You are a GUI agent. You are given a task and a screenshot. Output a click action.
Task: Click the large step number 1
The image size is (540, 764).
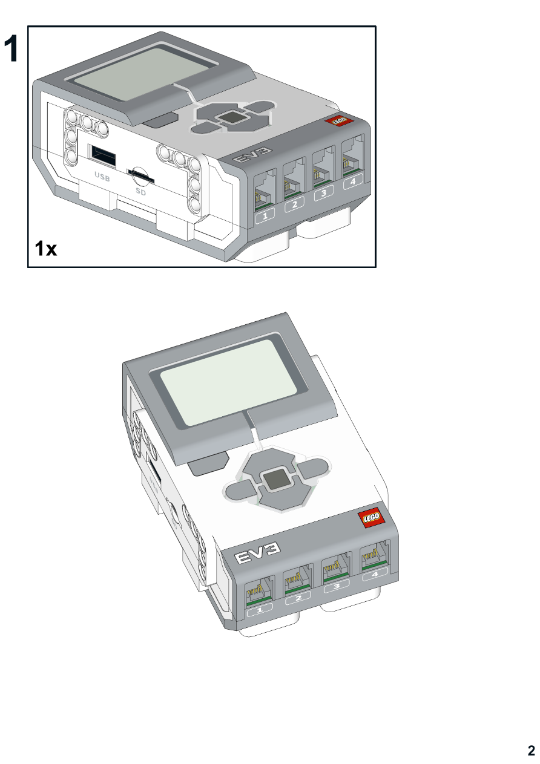tap(11, 48)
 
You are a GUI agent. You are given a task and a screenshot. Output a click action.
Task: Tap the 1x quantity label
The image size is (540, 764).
tap(46, 248)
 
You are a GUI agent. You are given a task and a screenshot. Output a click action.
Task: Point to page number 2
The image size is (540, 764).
tap(531, 750)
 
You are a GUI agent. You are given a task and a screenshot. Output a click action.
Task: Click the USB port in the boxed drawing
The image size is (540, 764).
tap(102, 155)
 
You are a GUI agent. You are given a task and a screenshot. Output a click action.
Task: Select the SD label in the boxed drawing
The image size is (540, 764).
tap(140, 192)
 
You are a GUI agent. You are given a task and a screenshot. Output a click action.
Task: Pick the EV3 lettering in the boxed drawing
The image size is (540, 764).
tap(252, 154)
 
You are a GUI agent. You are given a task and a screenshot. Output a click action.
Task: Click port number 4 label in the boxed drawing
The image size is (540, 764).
tap(353, 181)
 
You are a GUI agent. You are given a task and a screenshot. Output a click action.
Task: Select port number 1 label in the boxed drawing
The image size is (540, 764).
tap(265, 215)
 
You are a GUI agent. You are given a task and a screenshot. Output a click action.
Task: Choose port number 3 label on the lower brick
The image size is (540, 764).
tap(336, 586)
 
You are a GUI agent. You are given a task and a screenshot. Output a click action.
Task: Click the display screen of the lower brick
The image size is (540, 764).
tap(228, 382)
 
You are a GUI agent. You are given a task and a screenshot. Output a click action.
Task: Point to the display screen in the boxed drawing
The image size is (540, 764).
tap(145, 74)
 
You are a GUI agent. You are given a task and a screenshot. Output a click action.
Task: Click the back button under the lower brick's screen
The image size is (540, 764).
tap(208, 463)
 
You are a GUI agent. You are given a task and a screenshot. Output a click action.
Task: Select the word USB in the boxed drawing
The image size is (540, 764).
tap(102, 177)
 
